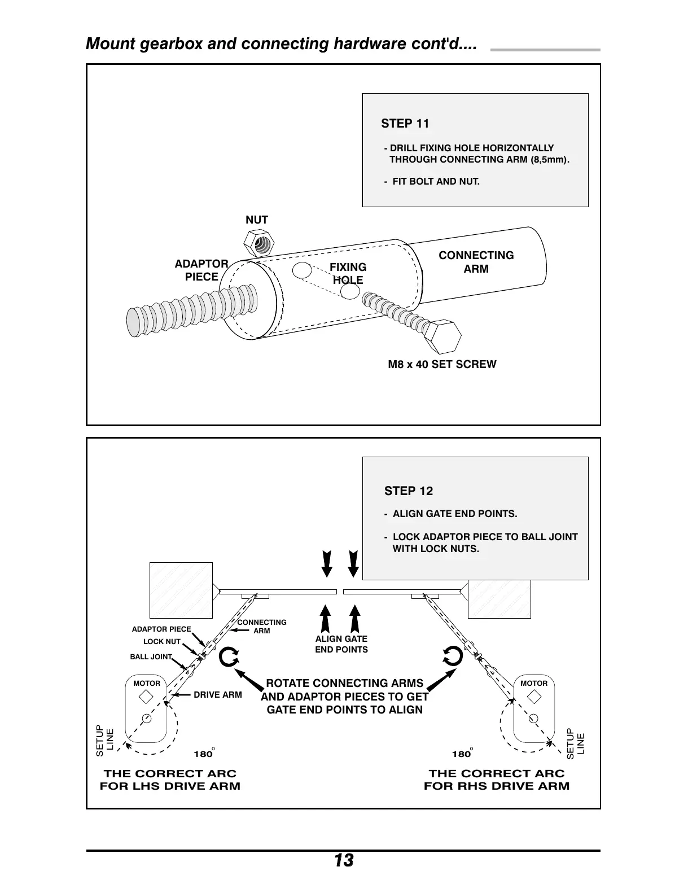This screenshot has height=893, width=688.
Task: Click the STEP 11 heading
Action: click(405, 124)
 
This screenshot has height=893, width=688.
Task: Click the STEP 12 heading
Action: click(408, 491)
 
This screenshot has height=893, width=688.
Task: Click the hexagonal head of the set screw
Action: click(444, 338)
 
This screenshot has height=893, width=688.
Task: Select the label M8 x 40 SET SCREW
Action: click(442, 365)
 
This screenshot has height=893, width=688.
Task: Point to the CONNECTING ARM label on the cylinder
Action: click(476, 262)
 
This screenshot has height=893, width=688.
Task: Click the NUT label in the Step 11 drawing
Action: click(256, 220)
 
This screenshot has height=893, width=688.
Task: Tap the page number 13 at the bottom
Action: click(343, 861)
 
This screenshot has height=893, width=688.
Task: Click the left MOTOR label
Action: click(147, 684)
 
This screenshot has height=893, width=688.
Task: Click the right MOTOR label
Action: click(534, 684)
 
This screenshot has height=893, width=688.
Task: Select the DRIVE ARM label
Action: click(217, 695)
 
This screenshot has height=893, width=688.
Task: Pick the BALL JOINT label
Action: click(151, 657)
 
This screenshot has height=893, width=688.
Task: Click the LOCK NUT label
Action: click(162, 642)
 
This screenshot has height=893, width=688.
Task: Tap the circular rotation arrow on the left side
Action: click(229, 656)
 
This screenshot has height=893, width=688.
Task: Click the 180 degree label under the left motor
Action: click(204, 754)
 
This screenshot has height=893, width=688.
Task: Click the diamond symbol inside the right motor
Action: click(533, 697)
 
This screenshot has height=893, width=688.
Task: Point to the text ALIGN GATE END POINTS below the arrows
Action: click(341, 644)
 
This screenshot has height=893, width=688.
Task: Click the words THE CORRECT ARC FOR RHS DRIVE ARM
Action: click(497, 780)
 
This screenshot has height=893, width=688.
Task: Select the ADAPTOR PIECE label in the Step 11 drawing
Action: click(201, 270)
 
